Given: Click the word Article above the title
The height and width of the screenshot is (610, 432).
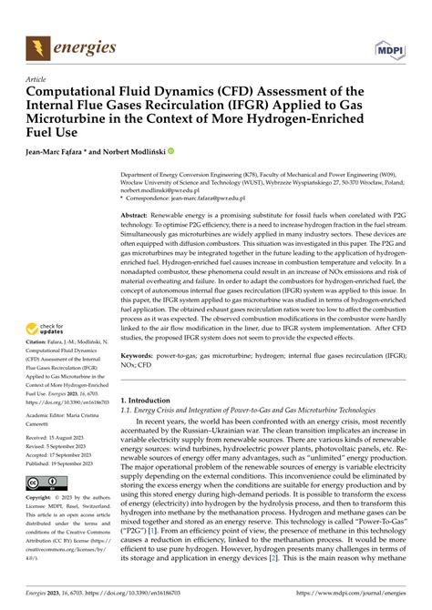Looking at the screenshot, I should [x=37, y=79].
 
